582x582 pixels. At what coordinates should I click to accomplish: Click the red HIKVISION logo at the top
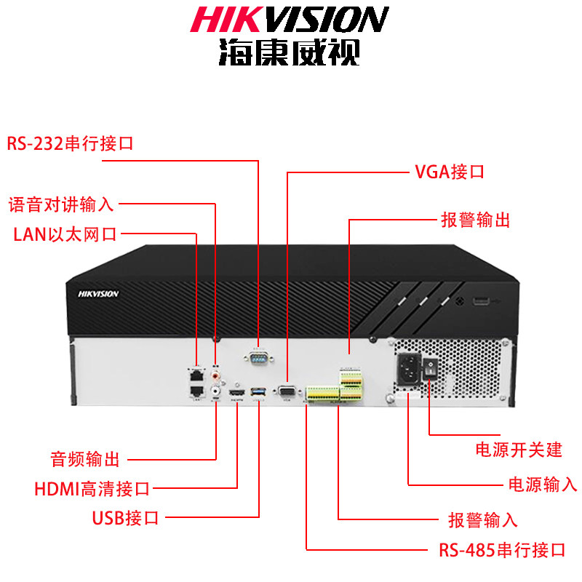pyautogui.click(x=290, y=20)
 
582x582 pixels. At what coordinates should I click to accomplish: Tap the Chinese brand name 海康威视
pyautogui.click(x=289, y=52)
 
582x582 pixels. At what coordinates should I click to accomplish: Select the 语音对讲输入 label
pyautogui.click(x=61, y=204)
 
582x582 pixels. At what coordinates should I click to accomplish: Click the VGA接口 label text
pyautogui.click(x=449, y=172)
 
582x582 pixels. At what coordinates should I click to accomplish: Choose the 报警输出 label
pyautogui.click(x=475, y=220)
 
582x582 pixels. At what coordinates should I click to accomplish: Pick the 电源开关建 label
pyautogui.click(x=518, y=449)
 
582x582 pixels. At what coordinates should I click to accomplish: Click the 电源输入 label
pyautogui.click(x=541, y=485)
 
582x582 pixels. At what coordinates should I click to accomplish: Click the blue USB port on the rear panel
pyautogui.click(x=255, y=394)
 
